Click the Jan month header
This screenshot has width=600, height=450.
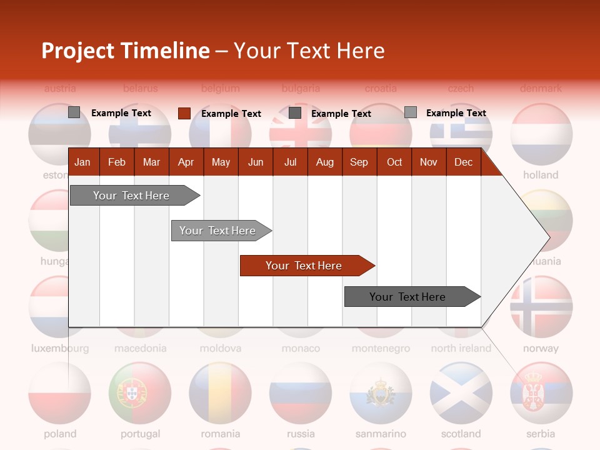coord(82,162)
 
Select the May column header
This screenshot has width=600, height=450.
coord(221,162)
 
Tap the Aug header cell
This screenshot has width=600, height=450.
coord(324,162)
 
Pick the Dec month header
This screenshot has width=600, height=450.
coord(463,162)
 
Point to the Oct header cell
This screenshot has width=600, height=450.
coord(394,162)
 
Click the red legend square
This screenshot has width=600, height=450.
coord(184,113)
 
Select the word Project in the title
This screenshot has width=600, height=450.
coord(77,51)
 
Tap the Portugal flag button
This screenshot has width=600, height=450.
coord(140,393)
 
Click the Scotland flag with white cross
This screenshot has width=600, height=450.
coord(461,393)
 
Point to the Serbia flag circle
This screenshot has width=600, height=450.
coord(541,393)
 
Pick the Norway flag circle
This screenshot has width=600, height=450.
coord(541,307)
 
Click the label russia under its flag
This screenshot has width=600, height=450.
coord(301,434)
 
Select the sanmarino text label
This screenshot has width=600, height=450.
coord(381,434)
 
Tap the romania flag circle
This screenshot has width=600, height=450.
coord(220,393)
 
